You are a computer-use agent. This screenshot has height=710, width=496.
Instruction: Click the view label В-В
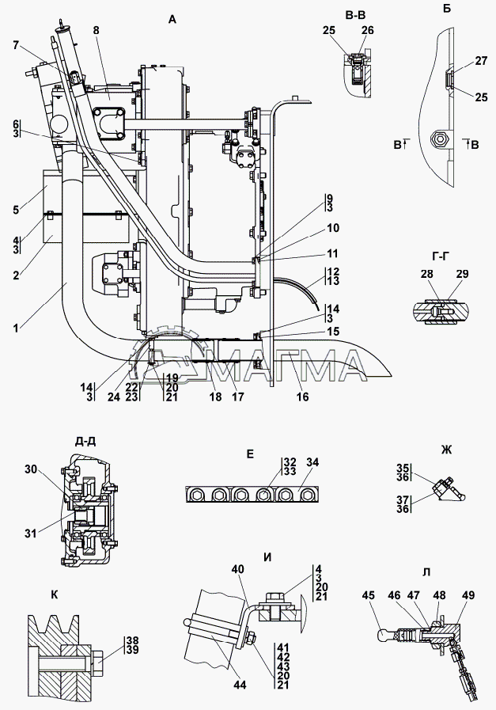(355, 15)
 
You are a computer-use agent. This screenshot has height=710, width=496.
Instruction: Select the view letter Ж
(446, 450)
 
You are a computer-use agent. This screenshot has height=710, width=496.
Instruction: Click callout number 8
(96, 30)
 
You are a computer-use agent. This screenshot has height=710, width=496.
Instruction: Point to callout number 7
(17, 45)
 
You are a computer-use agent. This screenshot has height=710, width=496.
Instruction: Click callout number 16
(302, 397)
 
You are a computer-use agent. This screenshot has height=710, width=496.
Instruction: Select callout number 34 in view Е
(312, 462)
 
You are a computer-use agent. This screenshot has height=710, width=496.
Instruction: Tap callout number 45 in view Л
(369, 594)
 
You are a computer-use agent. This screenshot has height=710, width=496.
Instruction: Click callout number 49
(468, 594)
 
